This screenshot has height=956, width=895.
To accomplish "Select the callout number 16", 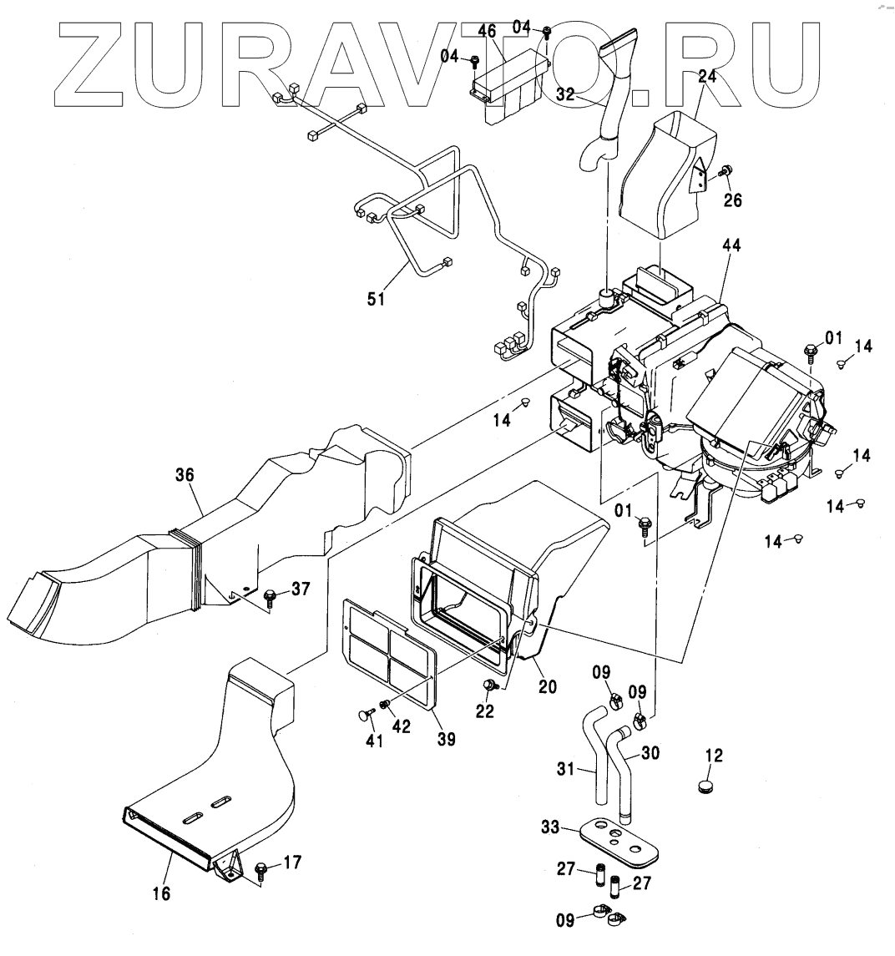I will [x=161, y=893].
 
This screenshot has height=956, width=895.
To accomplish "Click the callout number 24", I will [x=707, y=77].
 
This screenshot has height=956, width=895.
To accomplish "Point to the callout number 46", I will [x=487, y=31].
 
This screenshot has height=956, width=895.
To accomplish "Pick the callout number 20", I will [x=548, y=686].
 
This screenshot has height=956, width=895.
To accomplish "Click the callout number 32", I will [x=567, y=94].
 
